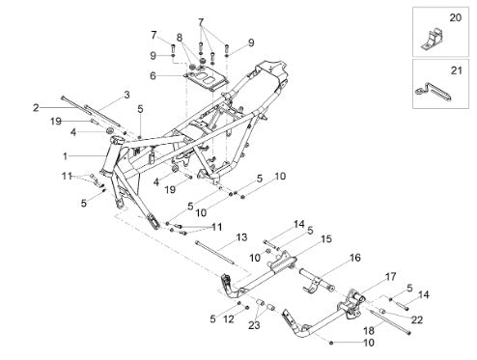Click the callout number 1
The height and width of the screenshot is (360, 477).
[66, 156]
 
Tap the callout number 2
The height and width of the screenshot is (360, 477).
[36, 108]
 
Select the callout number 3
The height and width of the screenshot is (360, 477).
[127, 95]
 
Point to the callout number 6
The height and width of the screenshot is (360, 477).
[153, 76]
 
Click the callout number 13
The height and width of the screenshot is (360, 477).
[241, 237]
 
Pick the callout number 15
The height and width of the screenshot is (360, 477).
[326, 239]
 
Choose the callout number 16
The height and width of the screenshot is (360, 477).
[355, 258]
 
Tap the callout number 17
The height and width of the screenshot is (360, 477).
[391, 276]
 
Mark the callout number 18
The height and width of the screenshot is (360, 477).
[369, 330]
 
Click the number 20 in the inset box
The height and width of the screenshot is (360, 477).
[456, 17]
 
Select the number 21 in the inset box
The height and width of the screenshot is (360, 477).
[456, 70]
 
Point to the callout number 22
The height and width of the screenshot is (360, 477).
[417, 320]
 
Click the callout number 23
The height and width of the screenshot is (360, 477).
[254, 325]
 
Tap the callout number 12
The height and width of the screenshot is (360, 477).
[229, 319]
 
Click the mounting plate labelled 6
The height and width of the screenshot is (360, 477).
[206, 79]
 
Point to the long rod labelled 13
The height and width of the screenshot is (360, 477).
[214, 253]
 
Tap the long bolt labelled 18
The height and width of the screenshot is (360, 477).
[391, 322]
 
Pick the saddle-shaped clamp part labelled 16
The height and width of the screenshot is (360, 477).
[316, 281]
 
